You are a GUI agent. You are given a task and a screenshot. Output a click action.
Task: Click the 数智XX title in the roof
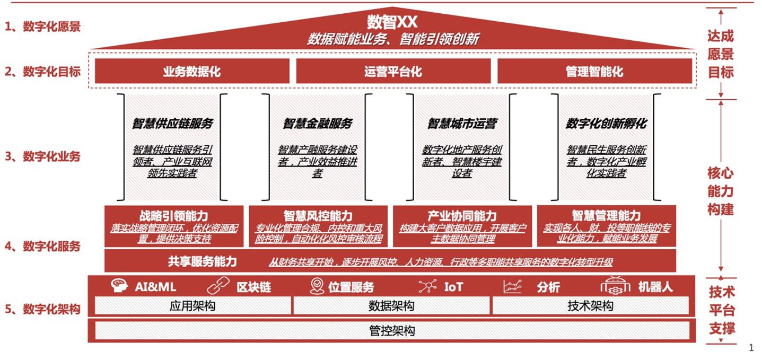click(x=392, y=22)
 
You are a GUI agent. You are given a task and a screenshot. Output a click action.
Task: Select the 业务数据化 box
click(x=192, y=71)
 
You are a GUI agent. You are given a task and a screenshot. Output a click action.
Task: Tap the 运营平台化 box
click(x=393, y=71)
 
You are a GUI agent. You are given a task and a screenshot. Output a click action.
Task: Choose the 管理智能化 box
click(x=594, y=71)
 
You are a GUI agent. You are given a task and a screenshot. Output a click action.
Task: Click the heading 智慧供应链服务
click(x=173, y=123)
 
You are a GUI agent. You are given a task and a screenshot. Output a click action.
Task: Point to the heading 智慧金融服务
click(x=318, y=123)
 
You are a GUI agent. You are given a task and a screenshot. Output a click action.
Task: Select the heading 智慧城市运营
click(x=462, y=123)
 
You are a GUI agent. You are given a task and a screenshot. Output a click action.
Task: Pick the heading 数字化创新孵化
click(x=607, y=123)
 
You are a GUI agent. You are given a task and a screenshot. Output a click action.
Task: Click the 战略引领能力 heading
click(x=174, y=216)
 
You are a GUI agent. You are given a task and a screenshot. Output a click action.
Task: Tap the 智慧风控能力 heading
click(x=318, y=216)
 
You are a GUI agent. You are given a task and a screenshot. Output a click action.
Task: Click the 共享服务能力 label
click(x=203, y=261)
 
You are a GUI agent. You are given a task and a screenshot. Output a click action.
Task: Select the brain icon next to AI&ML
click(x=119, y=286)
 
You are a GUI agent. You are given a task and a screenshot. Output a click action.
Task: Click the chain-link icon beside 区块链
click(x=218, y=286)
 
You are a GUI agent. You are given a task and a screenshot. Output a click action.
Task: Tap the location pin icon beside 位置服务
click(x=317, y=286)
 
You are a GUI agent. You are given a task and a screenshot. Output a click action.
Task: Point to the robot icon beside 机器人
click(x=615, y=286)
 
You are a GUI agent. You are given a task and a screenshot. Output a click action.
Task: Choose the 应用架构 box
click(x=192, y=305)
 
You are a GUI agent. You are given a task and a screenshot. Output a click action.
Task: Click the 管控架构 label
click(x=392, y=331)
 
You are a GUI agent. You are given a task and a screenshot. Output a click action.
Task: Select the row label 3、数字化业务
click(x=42, y=156)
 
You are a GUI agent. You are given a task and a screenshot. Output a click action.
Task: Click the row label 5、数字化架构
click(x=42, y=309)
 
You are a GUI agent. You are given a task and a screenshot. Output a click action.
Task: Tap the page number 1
click(x=751, y=348)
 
